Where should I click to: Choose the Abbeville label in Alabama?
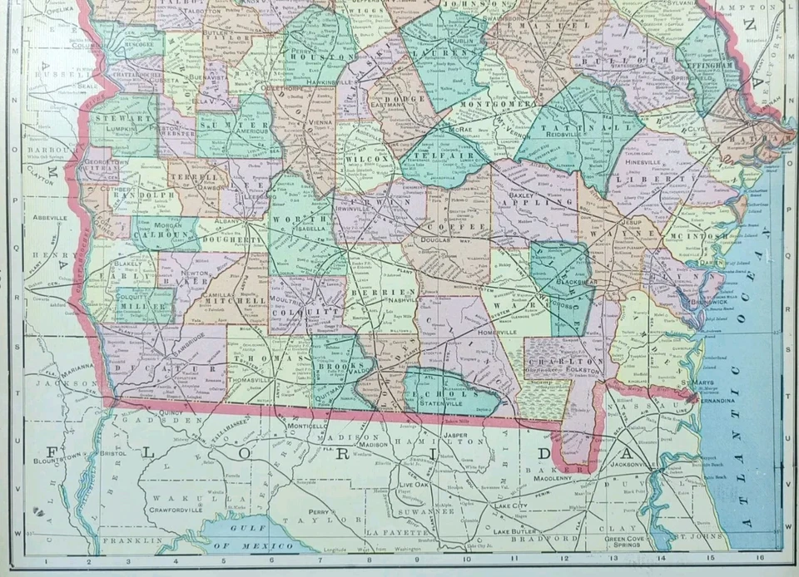[x=49, y=218]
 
